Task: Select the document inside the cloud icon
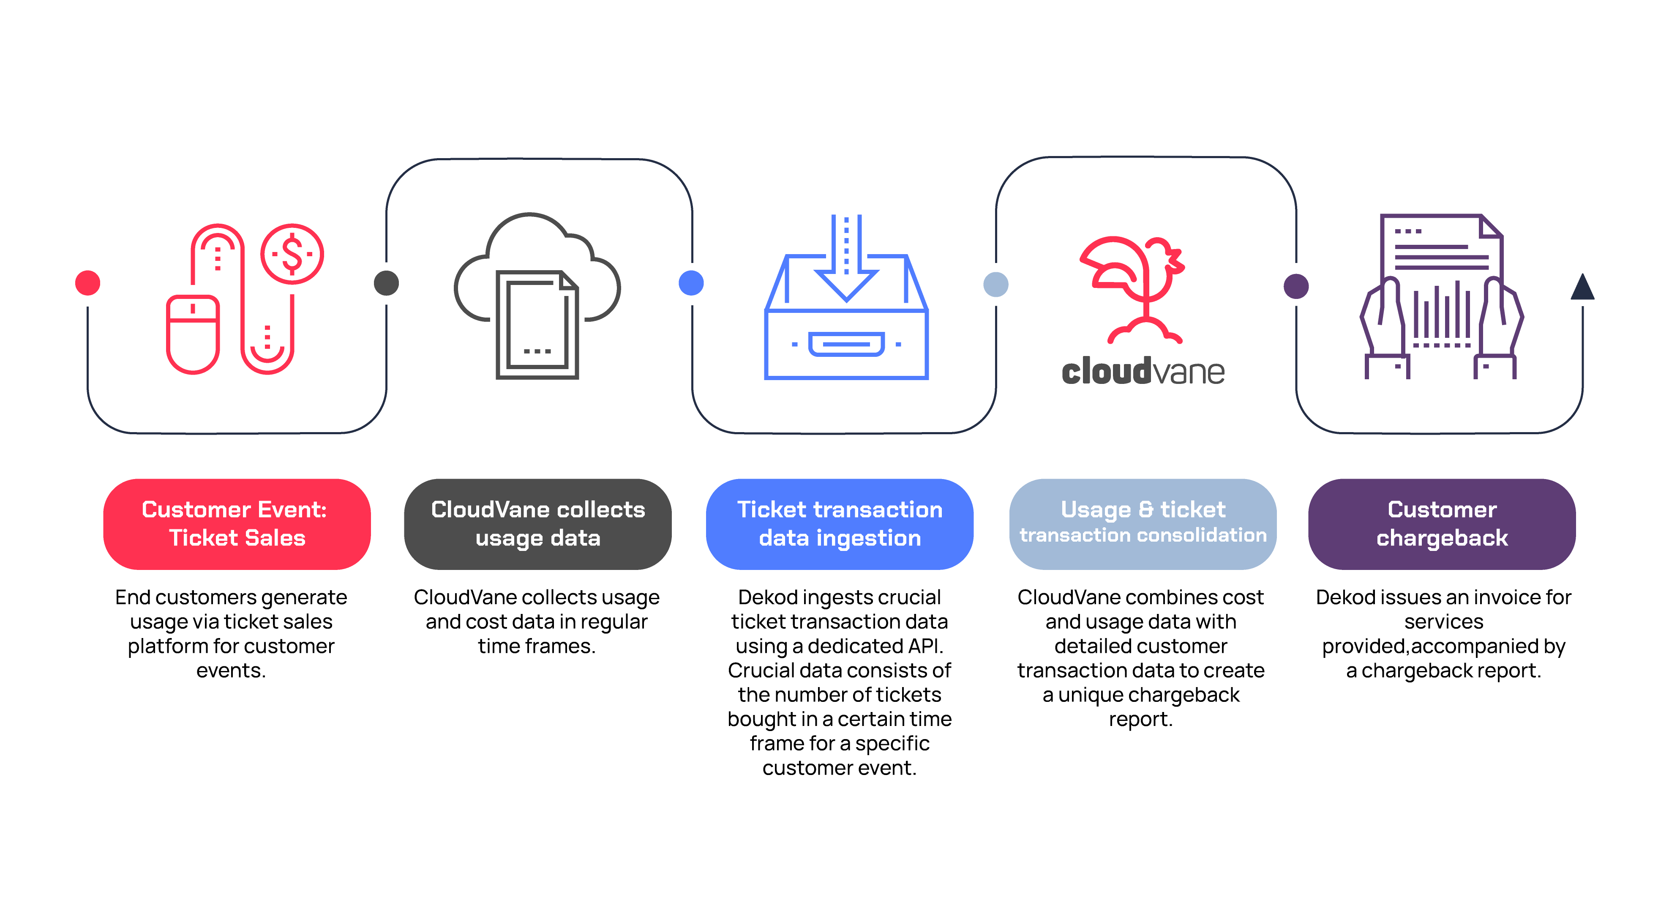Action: (x=537, y=324)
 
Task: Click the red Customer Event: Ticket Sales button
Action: (x=237, y=524)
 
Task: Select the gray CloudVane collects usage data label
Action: (x=538, y=524)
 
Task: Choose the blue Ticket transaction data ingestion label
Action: (x=840, y=524)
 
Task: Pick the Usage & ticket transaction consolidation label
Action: (x=1143, y=524)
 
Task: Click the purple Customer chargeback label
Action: (x=1442, y=524)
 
